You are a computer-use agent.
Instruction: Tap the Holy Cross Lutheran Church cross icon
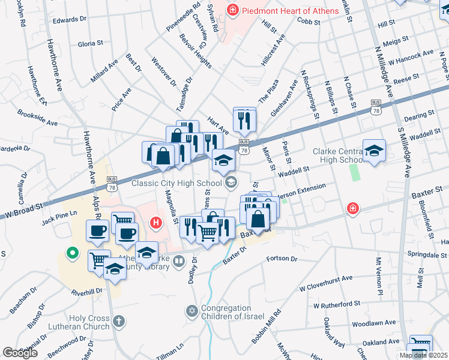pos(119,321)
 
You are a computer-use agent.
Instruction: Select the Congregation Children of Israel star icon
pos(192,311)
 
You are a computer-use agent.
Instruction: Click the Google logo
pos(20,353)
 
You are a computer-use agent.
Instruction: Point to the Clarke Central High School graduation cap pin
pos(374,152)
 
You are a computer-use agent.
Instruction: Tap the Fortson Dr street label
pos(282,259)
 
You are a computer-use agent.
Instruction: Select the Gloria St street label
pos(91,44)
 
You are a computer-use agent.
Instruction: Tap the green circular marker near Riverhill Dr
pos(73,254)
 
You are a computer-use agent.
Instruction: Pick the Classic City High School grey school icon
pos(231,182)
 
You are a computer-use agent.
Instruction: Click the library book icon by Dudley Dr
pos(179,261)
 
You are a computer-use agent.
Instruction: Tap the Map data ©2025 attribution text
pos(423,355)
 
